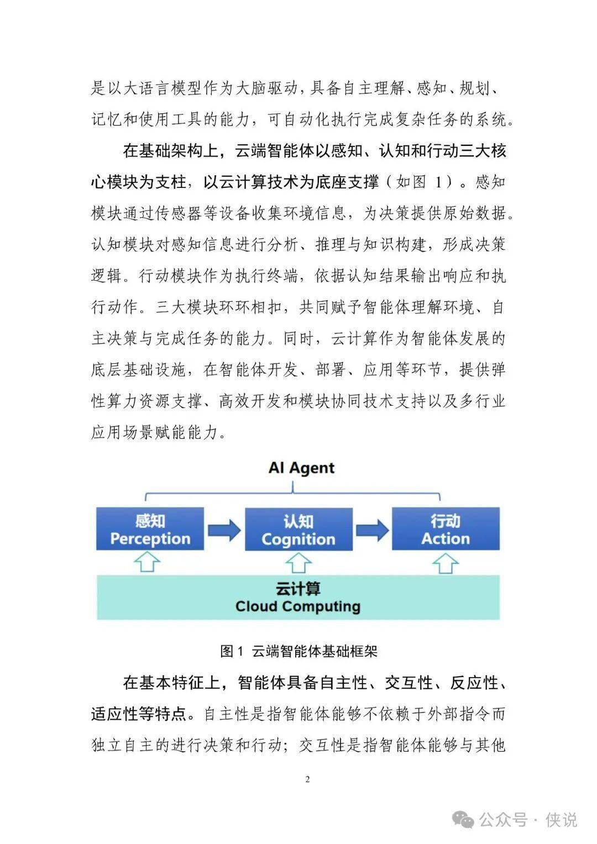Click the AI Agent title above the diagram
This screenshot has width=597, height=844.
[301, 468]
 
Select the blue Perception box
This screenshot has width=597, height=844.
[150, 530]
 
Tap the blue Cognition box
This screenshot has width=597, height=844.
[298, 530]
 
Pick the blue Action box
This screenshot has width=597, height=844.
[446, 530]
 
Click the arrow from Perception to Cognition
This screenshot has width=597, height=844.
[224, 531]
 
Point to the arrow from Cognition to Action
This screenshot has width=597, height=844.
[372, 531]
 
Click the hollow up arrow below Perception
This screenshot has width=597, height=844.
[148, 563]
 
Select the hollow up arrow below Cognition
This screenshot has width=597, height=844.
[298, 563]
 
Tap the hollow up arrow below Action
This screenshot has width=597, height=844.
[446, 563]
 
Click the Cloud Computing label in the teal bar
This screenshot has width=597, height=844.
[298, 606]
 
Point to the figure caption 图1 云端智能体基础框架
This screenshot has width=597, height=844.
[298, 651]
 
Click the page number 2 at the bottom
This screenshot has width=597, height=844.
[307, 779]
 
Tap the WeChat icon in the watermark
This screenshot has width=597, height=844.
[463, 819]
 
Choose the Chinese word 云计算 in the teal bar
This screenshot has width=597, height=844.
[298, 588]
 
